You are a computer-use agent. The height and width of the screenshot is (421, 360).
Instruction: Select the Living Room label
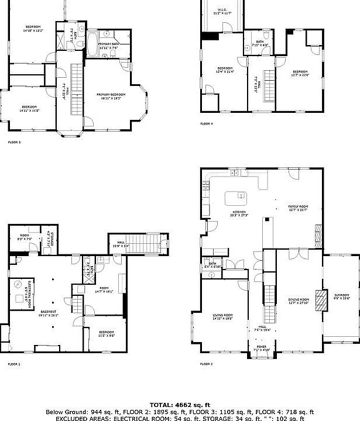point(222,317)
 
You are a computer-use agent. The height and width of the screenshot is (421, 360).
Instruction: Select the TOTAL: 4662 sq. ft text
point(180,405)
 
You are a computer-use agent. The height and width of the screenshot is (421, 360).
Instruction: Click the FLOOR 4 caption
point(206,124)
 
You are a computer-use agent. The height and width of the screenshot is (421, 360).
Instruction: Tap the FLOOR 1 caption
point(13,364)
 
